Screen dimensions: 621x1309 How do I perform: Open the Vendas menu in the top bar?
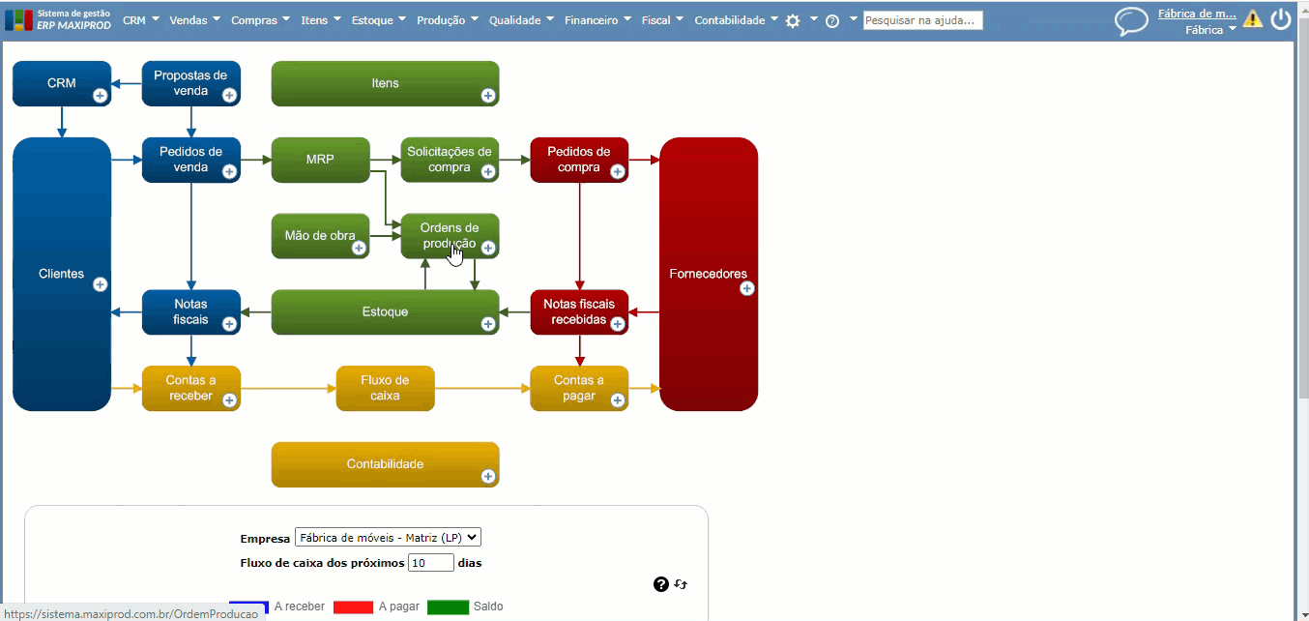pos(194,20)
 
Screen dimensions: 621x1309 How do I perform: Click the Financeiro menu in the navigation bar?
pos(597,20)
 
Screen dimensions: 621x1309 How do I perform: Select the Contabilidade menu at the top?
pos(736,20)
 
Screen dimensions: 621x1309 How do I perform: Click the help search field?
pos(922,20)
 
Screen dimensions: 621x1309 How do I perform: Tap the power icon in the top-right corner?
pos(1281,18)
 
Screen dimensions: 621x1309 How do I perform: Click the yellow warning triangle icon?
pos(1253,18)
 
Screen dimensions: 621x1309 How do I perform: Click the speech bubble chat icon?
pos(1131,20)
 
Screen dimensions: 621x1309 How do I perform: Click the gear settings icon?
pos(793,20)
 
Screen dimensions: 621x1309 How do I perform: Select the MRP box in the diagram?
pos(320,160)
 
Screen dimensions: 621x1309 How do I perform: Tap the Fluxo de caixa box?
pos(385,388)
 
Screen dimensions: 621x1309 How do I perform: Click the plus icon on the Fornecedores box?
pos(746,288)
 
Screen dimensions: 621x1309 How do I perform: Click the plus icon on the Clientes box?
pos(100,284)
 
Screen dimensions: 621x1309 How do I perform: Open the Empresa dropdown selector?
pos(388,538)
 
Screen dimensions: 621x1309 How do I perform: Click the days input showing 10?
pos(430,562)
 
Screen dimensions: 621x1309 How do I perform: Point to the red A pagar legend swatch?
pos(353,607)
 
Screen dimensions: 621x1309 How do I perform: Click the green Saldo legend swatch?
pos(448,607)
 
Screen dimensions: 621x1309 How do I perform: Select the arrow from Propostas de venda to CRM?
pos(127,83)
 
